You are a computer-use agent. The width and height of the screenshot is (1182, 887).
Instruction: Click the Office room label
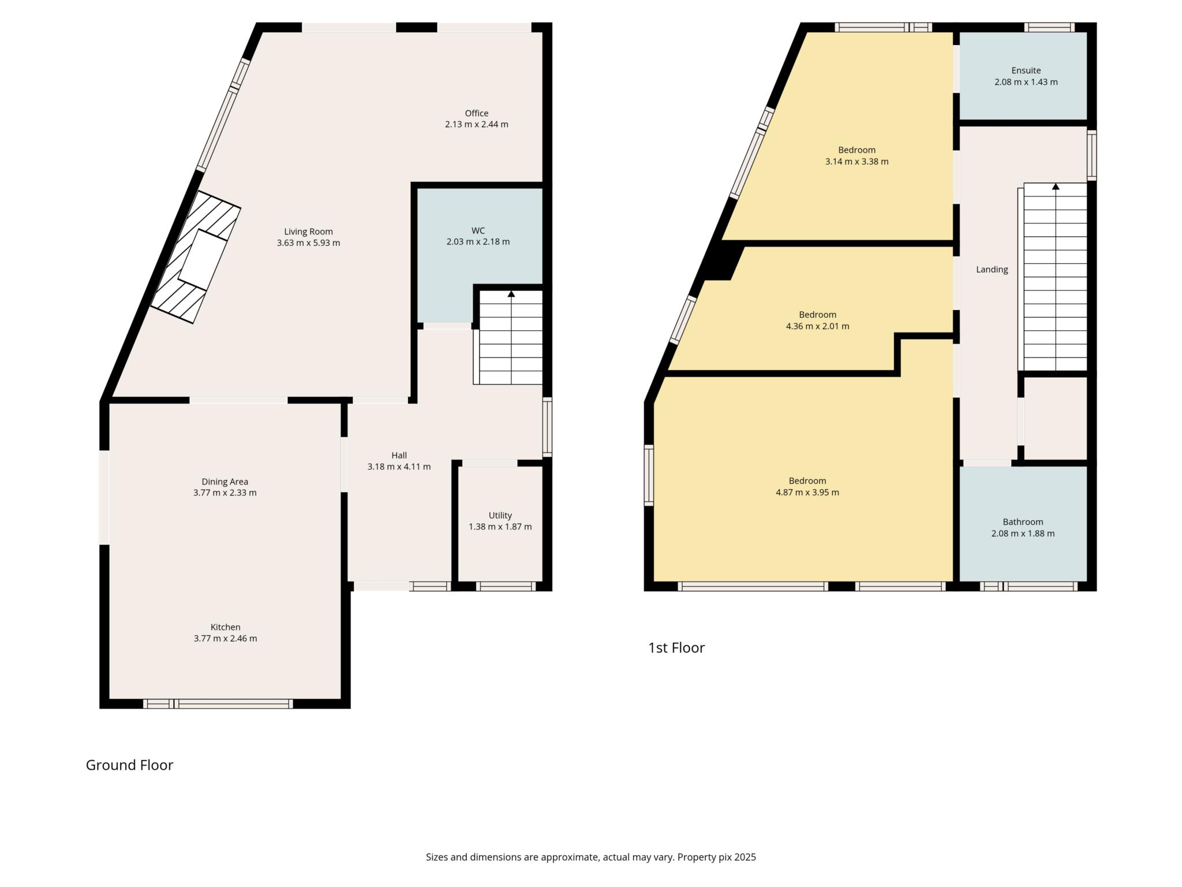tap(477, 113)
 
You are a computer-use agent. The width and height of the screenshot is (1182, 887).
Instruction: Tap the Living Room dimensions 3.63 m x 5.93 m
tap(308, 243)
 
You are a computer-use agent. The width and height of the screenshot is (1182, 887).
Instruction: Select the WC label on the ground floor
tap(478, 231)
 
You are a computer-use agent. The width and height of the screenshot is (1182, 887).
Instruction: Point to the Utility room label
tap(500, 516)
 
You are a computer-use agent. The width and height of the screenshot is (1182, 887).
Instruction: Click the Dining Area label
tap(225, 482)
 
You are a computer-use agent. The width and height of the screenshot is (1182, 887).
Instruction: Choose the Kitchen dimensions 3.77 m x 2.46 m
tap(226, 639)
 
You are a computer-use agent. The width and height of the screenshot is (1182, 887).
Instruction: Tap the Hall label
tap(399, 456)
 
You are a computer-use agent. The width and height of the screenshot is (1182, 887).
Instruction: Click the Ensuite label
tap(1026, 71)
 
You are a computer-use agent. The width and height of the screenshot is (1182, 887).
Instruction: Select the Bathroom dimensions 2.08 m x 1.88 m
tap(1023, 534)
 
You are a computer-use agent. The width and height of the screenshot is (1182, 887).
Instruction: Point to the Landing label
tap(992, 270)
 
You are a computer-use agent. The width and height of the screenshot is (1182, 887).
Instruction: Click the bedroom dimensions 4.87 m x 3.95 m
tap(807, 493)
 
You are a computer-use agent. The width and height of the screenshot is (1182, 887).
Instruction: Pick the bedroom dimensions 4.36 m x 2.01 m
tap(818, 326)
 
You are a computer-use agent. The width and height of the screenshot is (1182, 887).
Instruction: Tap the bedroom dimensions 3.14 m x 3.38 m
tap(857, 162)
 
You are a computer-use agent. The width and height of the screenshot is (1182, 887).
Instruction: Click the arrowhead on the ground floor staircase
tap(511, 294)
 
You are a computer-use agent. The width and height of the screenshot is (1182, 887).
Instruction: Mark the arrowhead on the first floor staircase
tap(1056, 187)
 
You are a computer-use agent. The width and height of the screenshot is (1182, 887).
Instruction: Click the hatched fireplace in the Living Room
tap(196, 257)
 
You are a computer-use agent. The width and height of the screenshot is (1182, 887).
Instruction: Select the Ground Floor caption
tap(129, 765)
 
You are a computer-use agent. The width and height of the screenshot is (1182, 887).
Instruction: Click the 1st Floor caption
tap(676, 648)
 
